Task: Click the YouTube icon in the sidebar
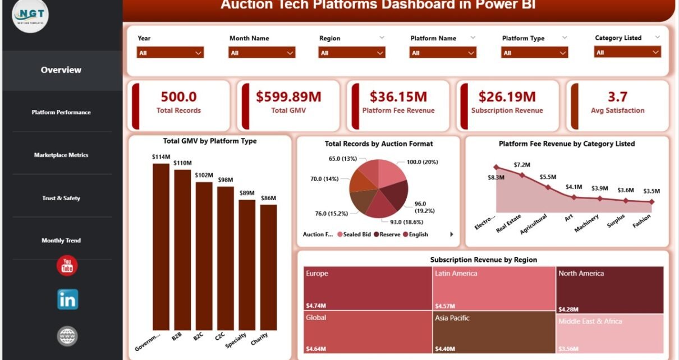67,265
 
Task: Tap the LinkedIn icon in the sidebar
67,299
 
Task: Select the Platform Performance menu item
61,112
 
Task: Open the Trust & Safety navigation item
61,198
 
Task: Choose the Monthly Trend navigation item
61,241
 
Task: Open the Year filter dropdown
170,53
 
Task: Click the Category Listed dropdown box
627,52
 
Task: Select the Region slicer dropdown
352,53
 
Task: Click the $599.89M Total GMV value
288,97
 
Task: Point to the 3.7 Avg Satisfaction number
617,97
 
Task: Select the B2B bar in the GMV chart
182,250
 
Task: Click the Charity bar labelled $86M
268,267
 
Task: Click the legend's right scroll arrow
452,234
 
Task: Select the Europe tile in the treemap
368,288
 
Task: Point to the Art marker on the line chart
574,197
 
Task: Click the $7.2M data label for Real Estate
522,165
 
